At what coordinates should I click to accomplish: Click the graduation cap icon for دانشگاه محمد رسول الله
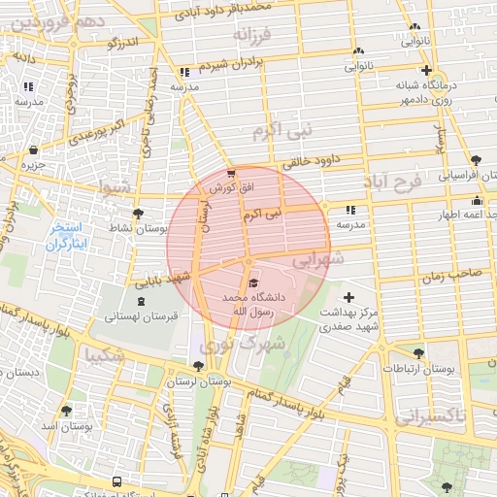pos(254,282)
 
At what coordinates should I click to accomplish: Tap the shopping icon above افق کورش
pos(231,173)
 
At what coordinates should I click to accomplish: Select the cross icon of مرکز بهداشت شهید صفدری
pos(349,297)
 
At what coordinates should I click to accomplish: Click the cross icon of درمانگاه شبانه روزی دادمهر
pos(426,70)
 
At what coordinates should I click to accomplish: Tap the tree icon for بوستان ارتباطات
pos(418,353)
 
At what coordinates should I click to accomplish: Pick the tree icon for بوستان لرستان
pos(199,366)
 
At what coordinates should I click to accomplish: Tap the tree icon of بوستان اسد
pos(67,411)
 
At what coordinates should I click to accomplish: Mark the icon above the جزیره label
pos(35,150)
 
